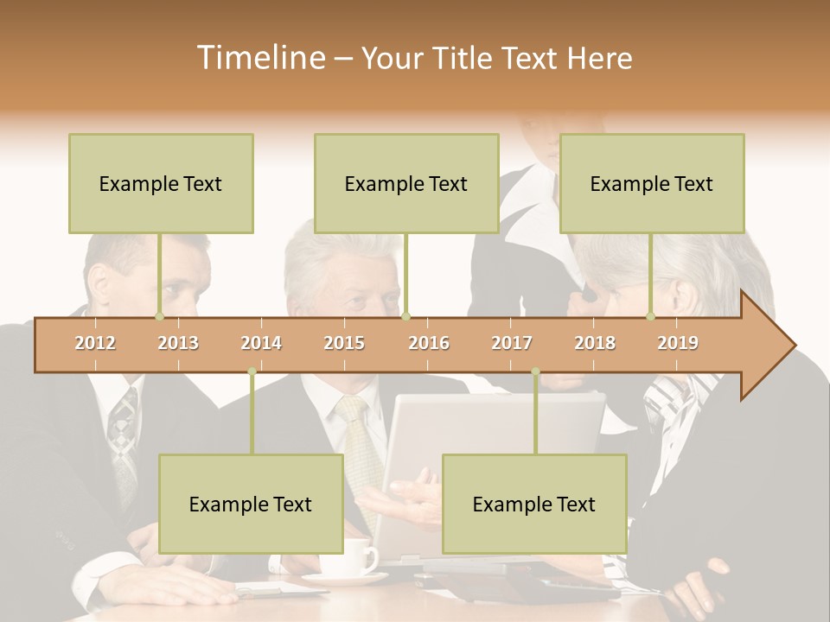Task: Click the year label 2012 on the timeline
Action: coord(95,343)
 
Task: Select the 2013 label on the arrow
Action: coord(178,343)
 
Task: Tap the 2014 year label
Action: coord(261,343)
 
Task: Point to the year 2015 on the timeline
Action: coord(344,343)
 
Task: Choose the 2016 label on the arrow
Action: coord(429,343)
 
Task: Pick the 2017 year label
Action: coord(512,343)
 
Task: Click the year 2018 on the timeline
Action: coord(595,343)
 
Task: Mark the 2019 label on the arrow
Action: coord(678,343)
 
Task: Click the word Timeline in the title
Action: coord(259,58)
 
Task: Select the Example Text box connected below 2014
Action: coord(251,504)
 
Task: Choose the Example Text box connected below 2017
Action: coord(534,504)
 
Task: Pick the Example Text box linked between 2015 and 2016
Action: coord(406,183)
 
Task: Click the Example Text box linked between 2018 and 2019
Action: coord(652,183)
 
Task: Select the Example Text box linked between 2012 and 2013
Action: coord(161,183)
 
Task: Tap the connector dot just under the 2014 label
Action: coord(252,371)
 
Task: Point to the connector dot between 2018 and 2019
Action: coord(651,316)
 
